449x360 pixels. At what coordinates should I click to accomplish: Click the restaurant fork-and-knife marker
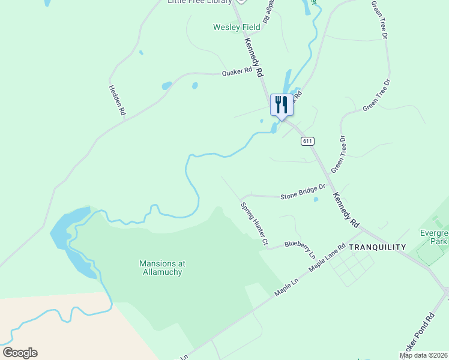pyautogui.click(x=282, y=105)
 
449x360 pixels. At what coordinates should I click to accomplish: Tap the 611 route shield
pyautogui.click(x=307, y=141)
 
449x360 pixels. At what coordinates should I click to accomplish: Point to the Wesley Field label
pyautogui.click(x=237, y=27)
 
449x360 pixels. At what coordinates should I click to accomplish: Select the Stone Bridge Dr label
pyautogui.click(x=303, y=191)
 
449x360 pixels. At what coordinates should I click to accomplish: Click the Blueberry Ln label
pyautogui.click(x=300, y=248)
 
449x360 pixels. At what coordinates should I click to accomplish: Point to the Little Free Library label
pyautogui.click(x=199, y=2)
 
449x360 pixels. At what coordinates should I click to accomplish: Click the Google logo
pyautogui.click(x=20, y=353)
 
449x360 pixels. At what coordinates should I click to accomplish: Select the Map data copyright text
pyautogui.click(x=424, y=355)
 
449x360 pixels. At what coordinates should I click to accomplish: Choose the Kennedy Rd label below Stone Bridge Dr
pyautogui.click(x=346, y=210)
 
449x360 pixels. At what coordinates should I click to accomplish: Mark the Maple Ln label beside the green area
pyautogui.click(x=287, y=287)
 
